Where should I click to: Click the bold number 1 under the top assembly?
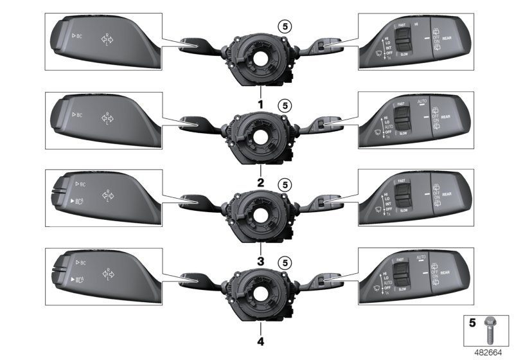[261, 104]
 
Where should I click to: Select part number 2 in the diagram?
[261, 183]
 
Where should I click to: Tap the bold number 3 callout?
[261, 262]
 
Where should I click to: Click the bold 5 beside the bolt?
[471, 323]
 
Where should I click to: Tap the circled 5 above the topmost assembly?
[284, 26]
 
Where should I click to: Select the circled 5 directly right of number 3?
[284, 262]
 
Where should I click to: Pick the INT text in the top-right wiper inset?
[387, 48]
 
